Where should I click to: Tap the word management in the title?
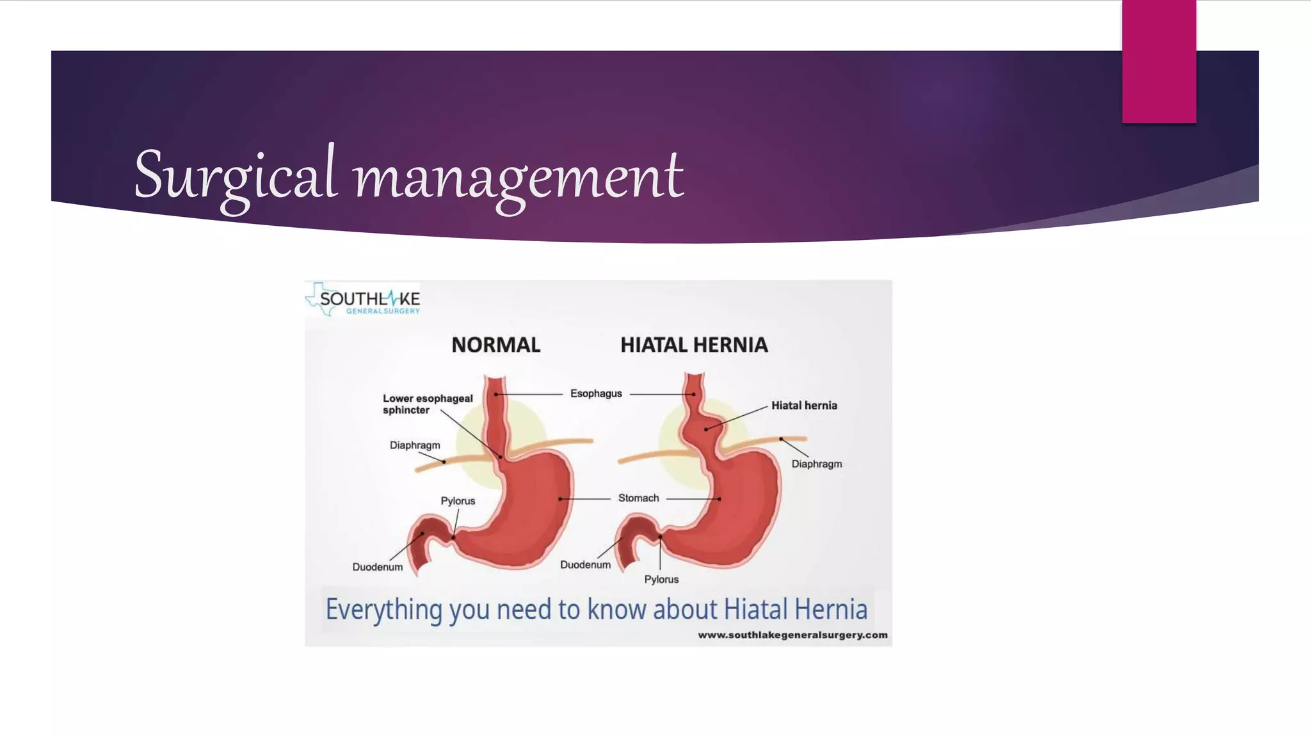(519, 177)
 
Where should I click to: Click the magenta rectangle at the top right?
(1159, 61)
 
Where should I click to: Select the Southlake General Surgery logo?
(364, 300)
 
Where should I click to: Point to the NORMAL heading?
(495, 345)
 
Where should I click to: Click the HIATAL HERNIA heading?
(694, 345)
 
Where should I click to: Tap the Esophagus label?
(596, 393)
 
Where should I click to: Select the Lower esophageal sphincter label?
(428, 404)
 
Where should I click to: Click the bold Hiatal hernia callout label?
(804, 406)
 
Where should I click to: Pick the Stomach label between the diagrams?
(638, 498)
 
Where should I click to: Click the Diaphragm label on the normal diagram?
(415, 445)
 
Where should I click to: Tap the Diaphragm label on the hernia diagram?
(817, 464)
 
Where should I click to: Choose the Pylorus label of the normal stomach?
(458, 501)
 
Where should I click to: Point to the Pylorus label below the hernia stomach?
(661, 579)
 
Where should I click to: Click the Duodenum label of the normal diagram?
(378, 567)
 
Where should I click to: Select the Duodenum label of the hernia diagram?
(585, 565)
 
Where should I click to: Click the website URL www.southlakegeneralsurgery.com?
(792, 635)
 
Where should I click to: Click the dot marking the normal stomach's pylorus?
(453, 537)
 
